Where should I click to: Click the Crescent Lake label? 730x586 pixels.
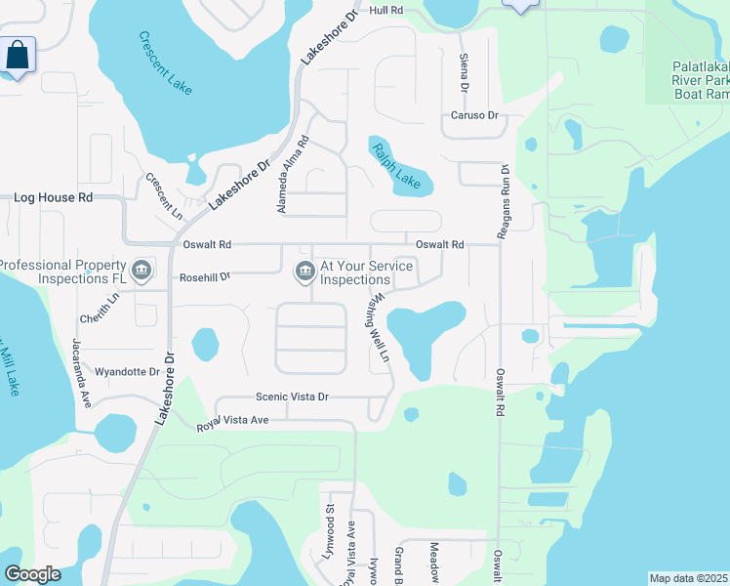(165, 63)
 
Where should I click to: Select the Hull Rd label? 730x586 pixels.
(386, 10)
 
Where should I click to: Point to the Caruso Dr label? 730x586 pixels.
(474, 115)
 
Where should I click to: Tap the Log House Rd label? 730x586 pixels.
(53, 197)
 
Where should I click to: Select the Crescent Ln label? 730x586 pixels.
(163, 194)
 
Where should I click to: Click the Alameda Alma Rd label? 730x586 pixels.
(292, 175)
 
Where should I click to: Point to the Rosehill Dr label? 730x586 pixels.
(205, 277)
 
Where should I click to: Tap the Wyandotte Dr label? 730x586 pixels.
(127, 372)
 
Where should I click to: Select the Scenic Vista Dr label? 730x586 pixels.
(292, 397)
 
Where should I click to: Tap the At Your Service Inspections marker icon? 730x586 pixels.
(304, 272)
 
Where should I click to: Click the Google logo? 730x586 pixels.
(32, 574)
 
